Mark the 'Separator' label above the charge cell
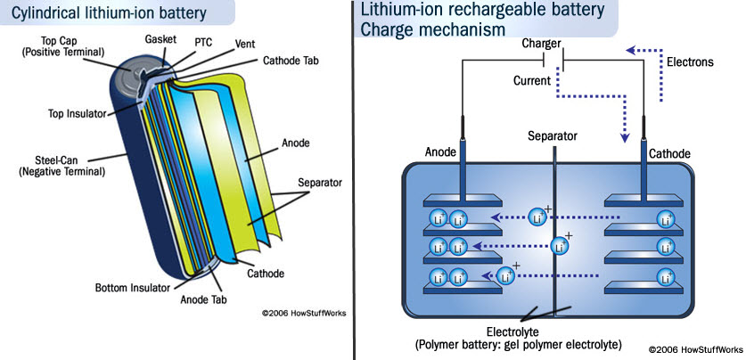(x=553, y=136)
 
